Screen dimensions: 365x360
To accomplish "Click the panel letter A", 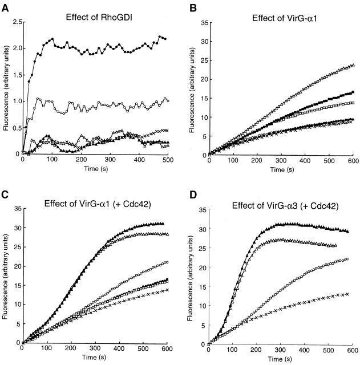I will [6, 5].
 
